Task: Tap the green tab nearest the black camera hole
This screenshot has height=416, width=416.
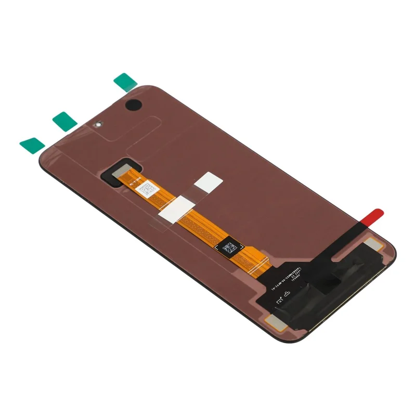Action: pyautogui.click(x=125, y=82)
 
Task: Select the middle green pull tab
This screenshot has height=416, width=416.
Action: pyautogui.click(x=64, y=121)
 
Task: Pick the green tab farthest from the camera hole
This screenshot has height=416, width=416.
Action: pyautogui.click(x=32, y=145)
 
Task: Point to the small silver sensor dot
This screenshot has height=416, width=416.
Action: pyautogui.click(x=97, y=125)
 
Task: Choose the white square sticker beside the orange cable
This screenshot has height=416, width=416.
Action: pyautogui.click(x=208, y=181)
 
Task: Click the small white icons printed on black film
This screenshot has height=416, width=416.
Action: pyautogui.click(x=283, y=298)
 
